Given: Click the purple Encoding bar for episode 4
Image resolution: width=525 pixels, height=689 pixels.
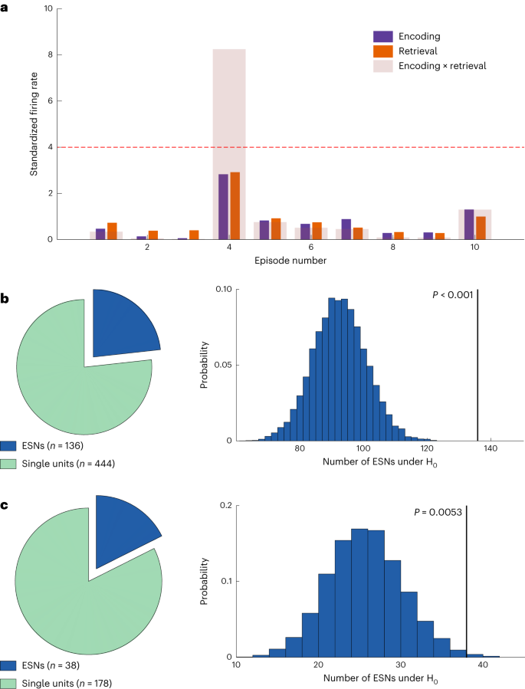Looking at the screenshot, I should (223, 207).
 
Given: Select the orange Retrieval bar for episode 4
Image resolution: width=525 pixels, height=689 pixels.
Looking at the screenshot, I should (235, 206).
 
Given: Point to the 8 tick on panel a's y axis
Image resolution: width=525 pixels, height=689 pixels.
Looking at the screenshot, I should (50, 55).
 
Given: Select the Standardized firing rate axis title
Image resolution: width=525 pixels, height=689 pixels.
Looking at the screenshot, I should (34, 125).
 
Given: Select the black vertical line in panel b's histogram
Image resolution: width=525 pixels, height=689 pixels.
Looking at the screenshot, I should (477, 368).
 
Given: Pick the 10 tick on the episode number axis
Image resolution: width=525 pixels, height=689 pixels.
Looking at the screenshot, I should (474, 249).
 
